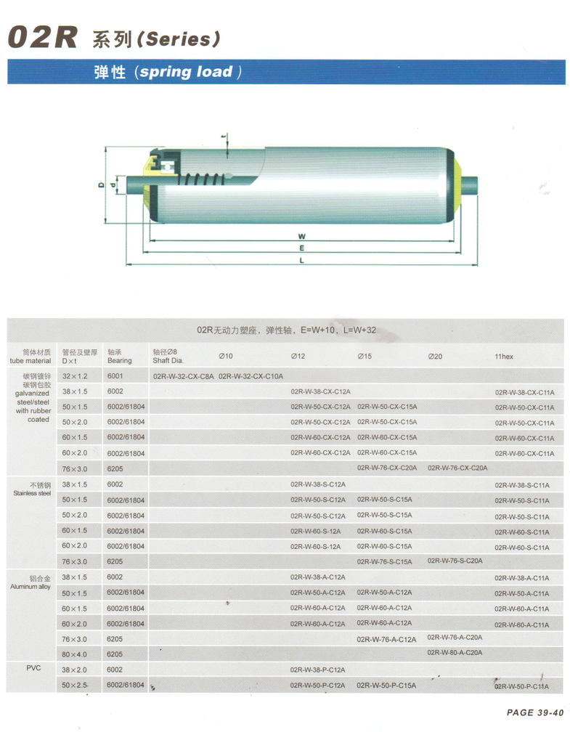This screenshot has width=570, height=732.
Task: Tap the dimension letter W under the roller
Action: pos(301,237)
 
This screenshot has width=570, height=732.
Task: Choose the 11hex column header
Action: pos(504,357)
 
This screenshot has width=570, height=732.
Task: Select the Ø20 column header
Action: pos(435,357)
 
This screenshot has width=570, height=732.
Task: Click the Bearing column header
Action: pos(119,357)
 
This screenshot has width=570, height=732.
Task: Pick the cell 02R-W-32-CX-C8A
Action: pos(184,376)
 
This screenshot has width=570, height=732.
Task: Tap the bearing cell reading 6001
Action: pos(115,376)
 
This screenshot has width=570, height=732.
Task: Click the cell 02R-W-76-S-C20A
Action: pos(455,561)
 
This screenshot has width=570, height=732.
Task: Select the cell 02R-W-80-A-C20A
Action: pos(455,652)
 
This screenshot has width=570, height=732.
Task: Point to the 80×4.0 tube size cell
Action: pos(74,654)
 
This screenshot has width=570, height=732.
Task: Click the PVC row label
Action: pos(33,666)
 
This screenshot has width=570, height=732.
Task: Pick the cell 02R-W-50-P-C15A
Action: pos(386,685)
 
